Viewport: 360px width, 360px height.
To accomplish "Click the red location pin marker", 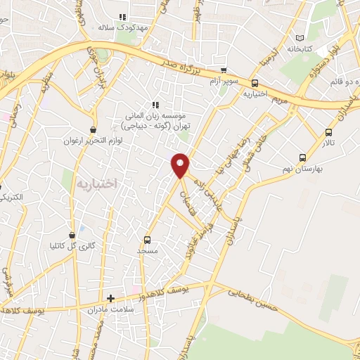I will [181, 165].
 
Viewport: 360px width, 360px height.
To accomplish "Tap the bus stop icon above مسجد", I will [147, 240].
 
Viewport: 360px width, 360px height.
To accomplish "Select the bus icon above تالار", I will [329, 132].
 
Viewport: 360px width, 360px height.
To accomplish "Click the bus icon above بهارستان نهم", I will [302, 158].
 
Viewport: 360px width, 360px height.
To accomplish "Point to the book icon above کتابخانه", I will [301, 37].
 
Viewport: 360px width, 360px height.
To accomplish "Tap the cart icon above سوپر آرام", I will [224, 70].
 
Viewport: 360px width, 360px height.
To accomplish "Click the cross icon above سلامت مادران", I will [110, 298].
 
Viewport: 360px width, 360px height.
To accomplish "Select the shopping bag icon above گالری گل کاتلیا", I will [72, 235].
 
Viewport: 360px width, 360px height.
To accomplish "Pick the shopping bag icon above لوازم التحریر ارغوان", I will [94, 129].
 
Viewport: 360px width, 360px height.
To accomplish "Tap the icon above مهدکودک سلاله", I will [122, 16].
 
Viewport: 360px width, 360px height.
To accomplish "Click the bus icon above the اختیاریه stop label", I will [255, 82].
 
